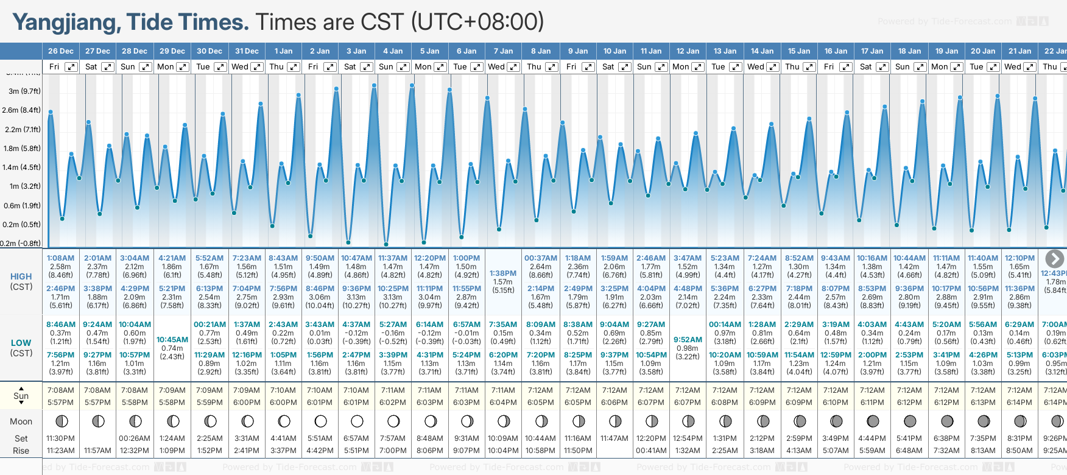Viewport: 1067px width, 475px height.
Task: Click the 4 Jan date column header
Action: pyautogui.click(x=393, y=51)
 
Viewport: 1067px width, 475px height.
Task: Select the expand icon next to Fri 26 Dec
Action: pyautogui.click(x=71, y=67)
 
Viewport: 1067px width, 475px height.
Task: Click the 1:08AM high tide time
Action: pyautogui.click(x=60, y=258)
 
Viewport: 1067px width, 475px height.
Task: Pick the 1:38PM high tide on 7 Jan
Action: pyautogui.click(x=503, y=273)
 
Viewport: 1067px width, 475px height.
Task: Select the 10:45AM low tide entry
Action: pyautogui.click(x=172, y=340)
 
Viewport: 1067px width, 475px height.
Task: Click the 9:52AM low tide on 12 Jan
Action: pyautogui.click(x=688, y=340)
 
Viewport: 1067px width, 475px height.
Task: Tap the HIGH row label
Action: pyautogui.click(x=21, y=276)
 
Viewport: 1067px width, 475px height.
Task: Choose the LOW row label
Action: pyautogui.click(x=21, y=343)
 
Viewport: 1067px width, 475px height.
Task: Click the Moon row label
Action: pyautogui.click(x=21, y=421)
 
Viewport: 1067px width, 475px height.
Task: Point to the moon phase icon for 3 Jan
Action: pyautogui.click(x=357, y=421)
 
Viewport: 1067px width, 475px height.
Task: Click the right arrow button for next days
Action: pyautogui.click(x=1054, y=258)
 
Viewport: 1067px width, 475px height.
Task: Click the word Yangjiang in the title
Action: pyautogui.click(x=66, y=23)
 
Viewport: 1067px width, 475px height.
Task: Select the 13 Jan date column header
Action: pyautogui.click(x=725, y=51)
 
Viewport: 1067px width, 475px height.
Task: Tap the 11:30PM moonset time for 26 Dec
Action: pyautogui.click(x=60, y=438)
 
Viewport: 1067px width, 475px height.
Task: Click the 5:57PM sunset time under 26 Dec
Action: pyautogui.click(x=60, y=403)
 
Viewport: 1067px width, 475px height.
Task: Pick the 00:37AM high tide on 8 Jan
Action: pyautogui.click(x=540, y=258)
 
